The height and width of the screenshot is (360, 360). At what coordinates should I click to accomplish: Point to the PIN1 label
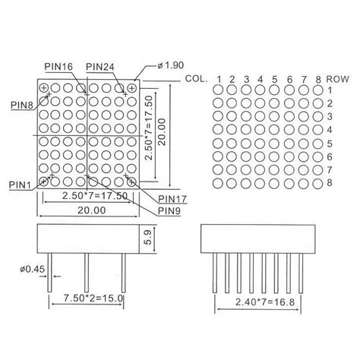click(x=20, y=184)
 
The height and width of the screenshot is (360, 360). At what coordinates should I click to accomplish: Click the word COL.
click(x=194, y=79)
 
